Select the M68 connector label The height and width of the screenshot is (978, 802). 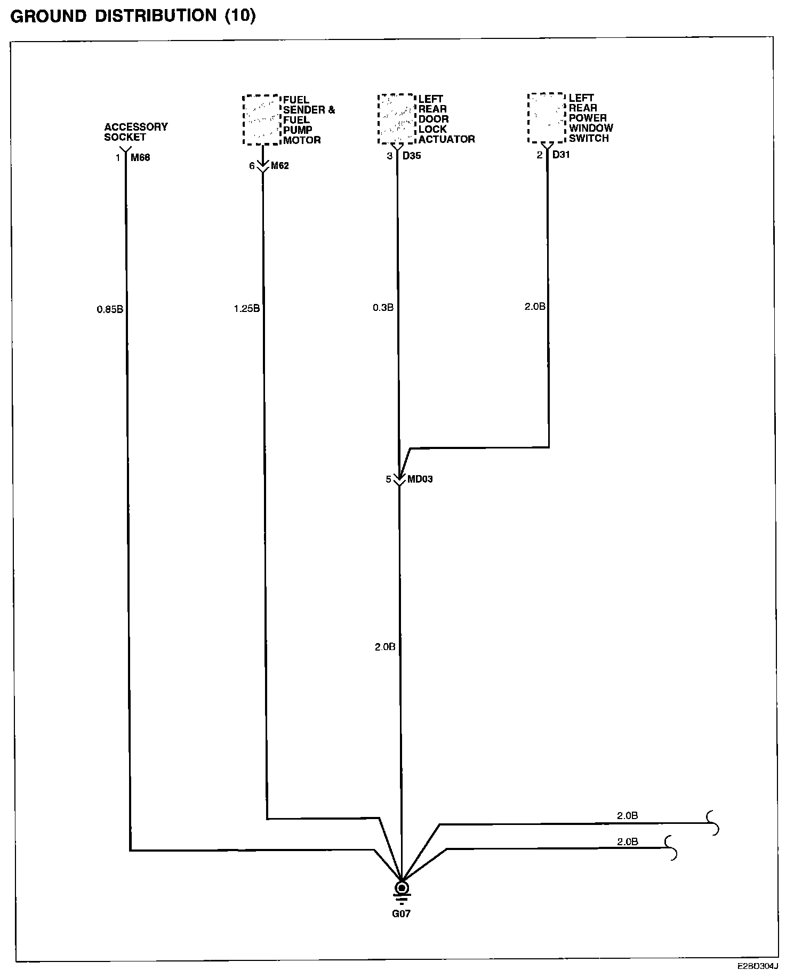point(140,157)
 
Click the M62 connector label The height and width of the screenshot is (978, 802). point(280,166)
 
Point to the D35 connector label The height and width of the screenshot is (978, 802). point(412,156)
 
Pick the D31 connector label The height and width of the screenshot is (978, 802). point(562,155)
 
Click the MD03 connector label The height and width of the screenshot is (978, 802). point(420,479)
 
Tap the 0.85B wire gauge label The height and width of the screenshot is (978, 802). point(110,309)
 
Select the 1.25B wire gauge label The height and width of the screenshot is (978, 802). point(246,308)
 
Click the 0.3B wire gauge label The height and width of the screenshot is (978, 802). point(383,308)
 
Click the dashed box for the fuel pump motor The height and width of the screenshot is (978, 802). point(261,120)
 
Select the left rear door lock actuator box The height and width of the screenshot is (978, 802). point(396,119)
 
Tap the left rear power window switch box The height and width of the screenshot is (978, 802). point(546,118)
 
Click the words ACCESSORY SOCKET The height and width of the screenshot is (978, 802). point(135,132)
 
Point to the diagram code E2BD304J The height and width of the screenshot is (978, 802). point(758,966)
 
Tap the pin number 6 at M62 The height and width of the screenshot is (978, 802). point(252,166)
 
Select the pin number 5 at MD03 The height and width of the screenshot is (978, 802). point(389,479)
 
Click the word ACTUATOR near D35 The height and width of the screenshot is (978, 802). point(446,139)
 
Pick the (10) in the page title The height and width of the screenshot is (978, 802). point(240,16)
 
